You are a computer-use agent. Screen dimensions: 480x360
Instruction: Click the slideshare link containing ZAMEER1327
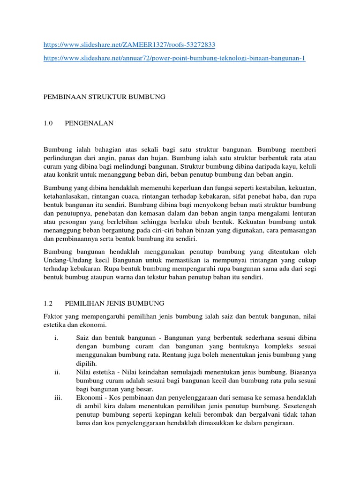tap(129, 45)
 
